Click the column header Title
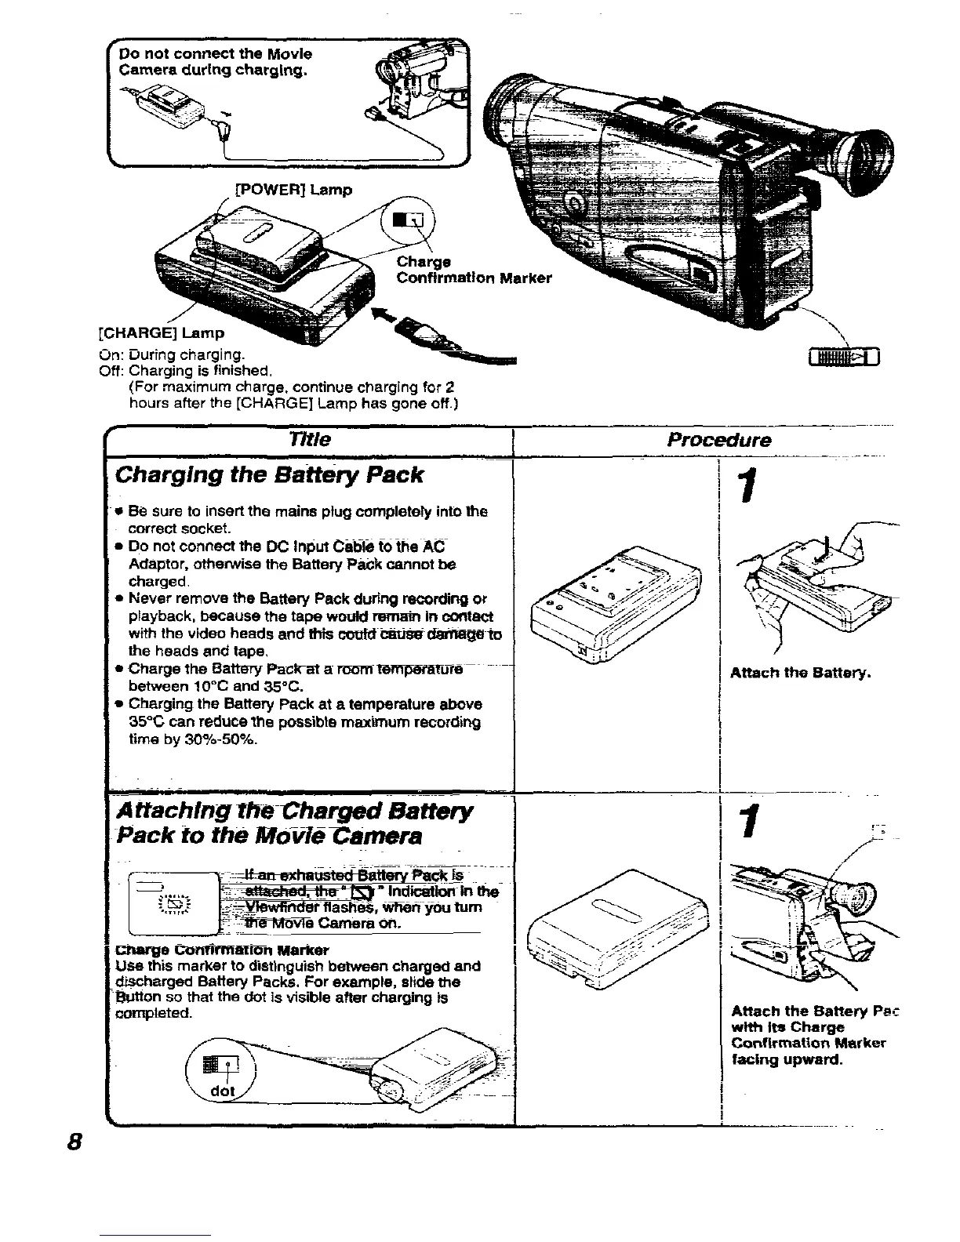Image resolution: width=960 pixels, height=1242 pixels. click(x=310, y=439)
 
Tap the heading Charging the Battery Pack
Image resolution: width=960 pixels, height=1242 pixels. click(x=269, y=475)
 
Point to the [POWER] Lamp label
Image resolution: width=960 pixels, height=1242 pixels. click(x=294, y=190)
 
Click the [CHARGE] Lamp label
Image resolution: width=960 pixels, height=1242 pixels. click(x=161, y=332)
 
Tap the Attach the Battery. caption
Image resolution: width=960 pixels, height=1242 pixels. click(x=800, y=673)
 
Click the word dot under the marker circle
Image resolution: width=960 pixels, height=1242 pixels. click(x=224, y=1091)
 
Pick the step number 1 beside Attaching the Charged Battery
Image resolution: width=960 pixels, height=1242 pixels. click(x=751, y=823)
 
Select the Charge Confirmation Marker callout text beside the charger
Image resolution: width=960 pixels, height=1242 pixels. click(x=474, y=270)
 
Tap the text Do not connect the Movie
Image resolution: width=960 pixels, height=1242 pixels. click(x=216, y=54)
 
